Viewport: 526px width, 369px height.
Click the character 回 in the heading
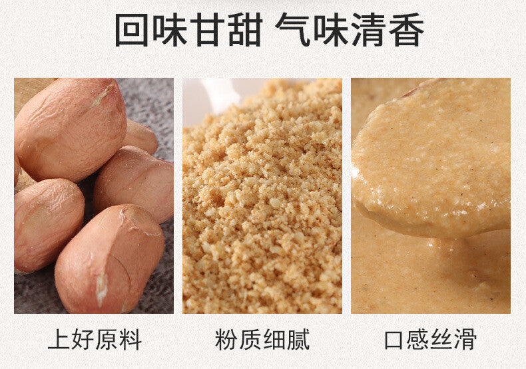pos(132,30)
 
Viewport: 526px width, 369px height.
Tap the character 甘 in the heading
pos(207,30)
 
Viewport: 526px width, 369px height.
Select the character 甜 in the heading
pos(245,30)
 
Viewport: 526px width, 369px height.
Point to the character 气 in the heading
pos(292,30)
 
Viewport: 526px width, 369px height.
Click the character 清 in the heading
pos(369,30)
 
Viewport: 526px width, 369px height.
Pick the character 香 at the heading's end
pos(407,30)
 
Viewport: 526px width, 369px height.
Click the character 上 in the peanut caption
pos(59,340)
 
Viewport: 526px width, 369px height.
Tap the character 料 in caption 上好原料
pos(131,340)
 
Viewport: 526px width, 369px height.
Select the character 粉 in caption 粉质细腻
pos(226,340)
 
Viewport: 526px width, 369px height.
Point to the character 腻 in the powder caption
pos(298,340)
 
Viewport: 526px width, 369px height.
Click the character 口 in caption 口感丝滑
pos(394,340)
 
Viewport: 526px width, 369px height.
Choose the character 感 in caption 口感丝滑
pos(418,340)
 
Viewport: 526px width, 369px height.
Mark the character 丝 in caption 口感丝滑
pos(442,340)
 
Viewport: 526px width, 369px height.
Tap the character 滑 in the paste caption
pos(465,340)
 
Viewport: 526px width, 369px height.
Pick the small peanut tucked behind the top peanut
pos(140,136)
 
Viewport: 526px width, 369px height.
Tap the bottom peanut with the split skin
pos(109,259)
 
